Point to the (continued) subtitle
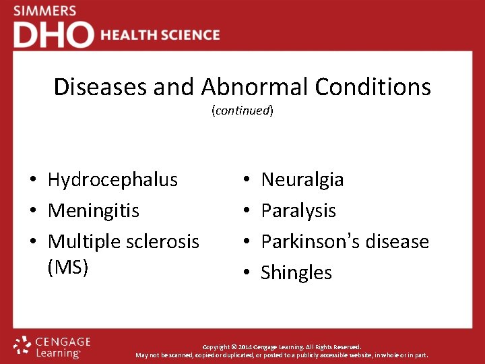point(243,111)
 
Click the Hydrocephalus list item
point(112,180)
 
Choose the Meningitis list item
point(94,211)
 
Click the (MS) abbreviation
point(68,268)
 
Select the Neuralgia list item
point(302,180)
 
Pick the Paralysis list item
point(298,211)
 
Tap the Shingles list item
point(296,273)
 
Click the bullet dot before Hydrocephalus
point(32,181)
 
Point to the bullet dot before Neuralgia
point(247,181)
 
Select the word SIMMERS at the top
point(46,11)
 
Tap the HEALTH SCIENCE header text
point(160,35)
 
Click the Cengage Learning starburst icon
point(23,345)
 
